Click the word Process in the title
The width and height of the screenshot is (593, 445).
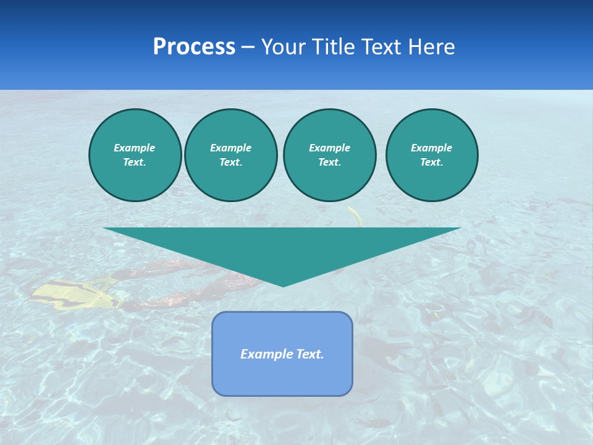[194, 47]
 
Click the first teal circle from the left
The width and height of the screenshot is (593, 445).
[135, 155]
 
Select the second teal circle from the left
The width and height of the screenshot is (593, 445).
[231, 155]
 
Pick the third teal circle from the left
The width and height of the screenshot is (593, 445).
[330, 155]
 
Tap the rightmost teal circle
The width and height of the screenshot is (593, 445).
[432, 155]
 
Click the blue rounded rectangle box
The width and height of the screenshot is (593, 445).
[282, 371]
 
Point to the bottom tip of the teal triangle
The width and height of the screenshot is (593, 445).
[283, 285]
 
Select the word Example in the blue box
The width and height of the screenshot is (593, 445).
[266, 354]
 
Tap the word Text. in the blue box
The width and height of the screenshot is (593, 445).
[309, 354]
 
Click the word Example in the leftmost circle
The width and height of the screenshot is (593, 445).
[135, 148]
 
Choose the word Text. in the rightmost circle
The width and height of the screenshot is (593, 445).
[432, 163]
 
